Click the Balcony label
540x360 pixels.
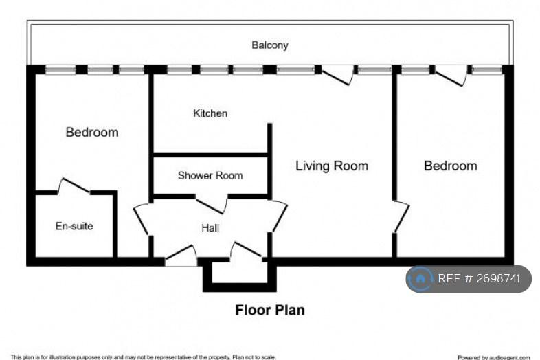[269, 45]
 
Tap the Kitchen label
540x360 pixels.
[210, 113]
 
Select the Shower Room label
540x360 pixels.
[210, 175]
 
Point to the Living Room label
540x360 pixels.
[332, 166]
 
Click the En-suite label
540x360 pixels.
[74, 226]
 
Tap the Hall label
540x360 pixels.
[210, 227]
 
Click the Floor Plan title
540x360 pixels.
[270, 310]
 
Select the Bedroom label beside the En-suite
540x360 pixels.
[92, 133]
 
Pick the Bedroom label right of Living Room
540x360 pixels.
[451, 166]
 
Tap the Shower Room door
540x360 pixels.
[212, 205]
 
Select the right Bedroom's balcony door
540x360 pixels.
[451, 76]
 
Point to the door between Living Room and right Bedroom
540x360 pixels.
[401, 216]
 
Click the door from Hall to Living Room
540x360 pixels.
[279, 216]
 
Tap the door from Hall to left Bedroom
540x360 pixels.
[142, 219]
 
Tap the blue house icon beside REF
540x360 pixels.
[420, 279]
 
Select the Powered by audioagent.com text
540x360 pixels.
[494, 357]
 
